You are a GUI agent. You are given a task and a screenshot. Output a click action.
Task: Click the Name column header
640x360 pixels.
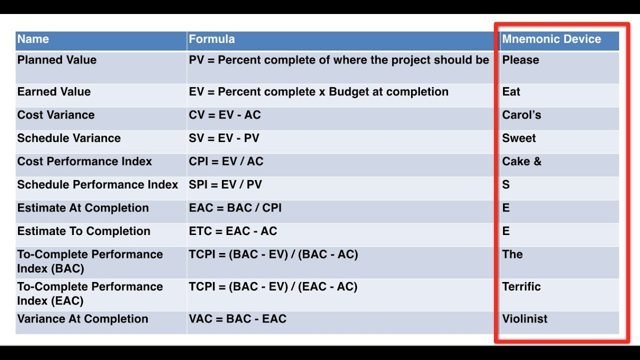coord(33,39)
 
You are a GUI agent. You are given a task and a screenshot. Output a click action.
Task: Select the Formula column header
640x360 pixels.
coord(211,39)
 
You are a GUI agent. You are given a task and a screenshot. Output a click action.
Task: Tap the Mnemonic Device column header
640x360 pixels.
coord(551,39)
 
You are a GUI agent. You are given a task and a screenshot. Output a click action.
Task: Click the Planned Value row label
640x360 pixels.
coord(57,60)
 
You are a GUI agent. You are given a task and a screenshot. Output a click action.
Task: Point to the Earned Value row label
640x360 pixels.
coord(54,92)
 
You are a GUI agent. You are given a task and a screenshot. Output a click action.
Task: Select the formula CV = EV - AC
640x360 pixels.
coord(225,115)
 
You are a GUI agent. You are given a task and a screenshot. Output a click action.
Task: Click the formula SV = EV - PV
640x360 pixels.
coord(224,138)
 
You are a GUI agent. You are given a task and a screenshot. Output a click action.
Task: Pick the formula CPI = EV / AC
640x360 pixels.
coord(226,161)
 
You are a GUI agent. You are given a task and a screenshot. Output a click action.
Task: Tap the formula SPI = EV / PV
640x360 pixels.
coord(225,184)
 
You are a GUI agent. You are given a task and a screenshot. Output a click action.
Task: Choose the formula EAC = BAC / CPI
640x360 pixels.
coord(235,208)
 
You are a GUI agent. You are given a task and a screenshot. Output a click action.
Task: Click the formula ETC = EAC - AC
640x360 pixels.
coord(233,231)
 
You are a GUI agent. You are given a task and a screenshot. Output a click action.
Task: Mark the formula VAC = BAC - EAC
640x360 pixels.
coord(237,319)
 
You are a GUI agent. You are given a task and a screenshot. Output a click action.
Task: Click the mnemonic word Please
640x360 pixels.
coord(520,60)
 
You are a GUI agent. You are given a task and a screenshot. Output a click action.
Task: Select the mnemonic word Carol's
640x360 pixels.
coord(521,115)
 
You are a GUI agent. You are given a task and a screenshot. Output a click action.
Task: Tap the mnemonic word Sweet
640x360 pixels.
coord(519,138)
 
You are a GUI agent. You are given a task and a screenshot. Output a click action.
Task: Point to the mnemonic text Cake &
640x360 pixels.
coord(521,161)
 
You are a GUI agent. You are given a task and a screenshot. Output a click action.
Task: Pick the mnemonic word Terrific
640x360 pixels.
coord(521,286)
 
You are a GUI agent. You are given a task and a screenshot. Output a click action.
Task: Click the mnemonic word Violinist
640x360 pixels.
coord(524,319)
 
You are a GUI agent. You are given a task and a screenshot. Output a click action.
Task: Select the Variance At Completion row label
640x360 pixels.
coord(82,319)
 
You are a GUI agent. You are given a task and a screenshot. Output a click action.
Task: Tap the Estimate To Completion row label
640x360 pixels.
coord(83,231)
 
